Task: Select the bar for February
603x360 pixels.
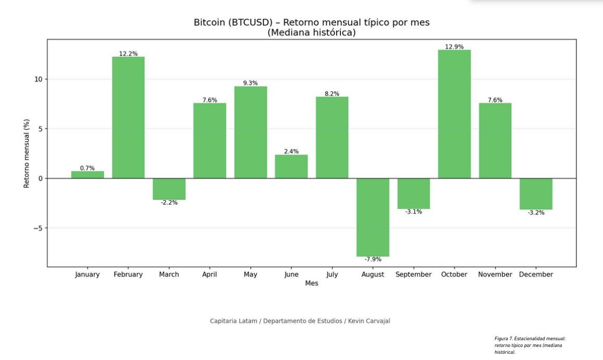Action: (x=128, y=117)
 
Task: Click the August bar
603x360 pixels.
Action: (x=373, y=217)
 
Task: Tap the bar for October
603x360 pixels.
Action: (x=454, y=114)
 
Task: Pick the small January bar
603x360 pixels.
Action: (x=88, y=175)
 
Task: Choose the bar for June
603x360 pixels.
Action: (x=291, y=167)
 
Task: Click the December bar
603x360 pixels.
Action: (x=536, y=194)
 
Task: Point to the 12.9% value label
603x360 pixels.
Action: (x=454, y=47)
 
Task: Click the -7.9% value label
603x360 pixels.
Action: (x=373, y=259)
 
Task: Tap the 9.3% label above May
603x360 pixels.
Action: (x=250, y=83)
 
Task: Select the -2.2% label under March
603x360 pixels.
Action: (x=169, y=203)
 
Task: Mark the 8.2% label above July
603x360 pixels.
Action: (x=332, y=94)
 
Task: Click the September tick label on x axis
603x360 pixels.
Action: (x=413, y=275)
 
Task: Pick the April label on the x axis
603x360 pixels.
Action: (x=210, y=275)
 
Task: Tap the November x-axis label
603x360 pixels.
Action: (x=495, y=275)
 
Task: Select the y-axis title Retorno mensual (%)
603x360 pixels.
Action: (x=27, y=153)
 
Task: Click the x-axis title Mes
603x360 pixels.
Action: (x=312, y=283)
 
